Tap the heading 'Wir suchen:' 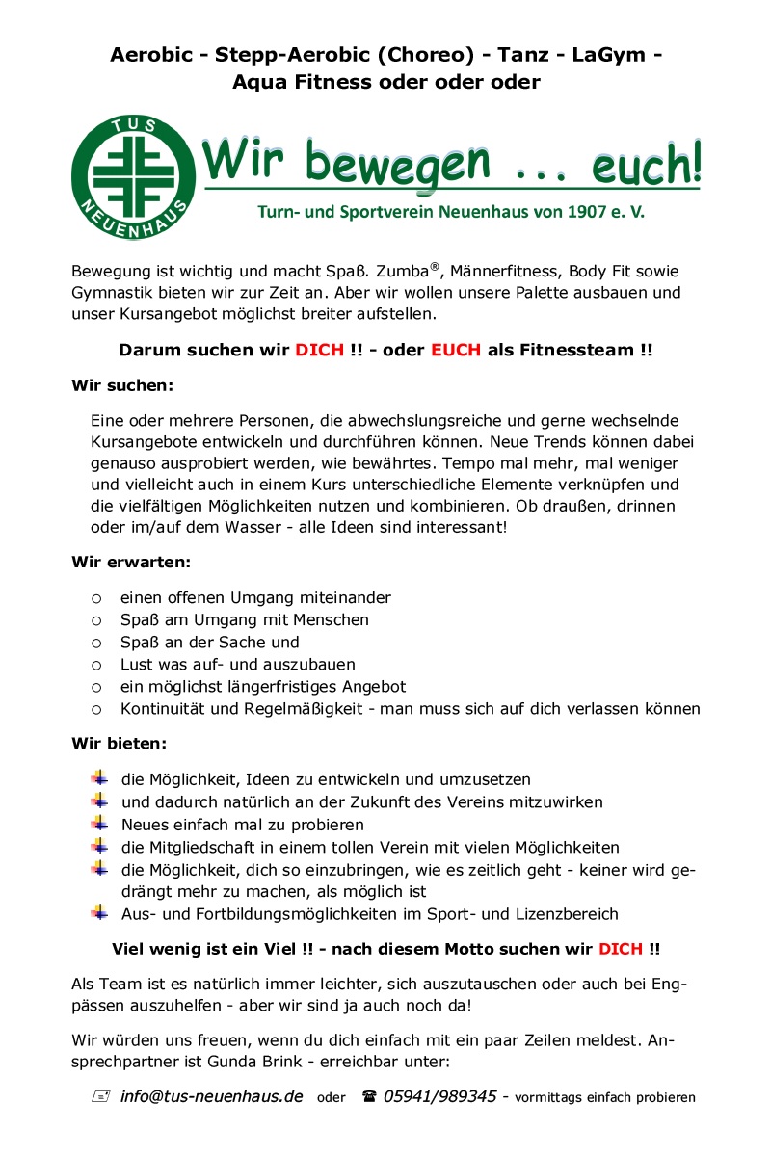click(x=122, y=385)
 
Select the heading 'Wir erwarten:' click(x=131, y=561)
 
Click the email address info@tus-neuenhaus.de click(x=212, y=1096)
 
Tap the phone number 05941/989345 click(x=439, y=1096)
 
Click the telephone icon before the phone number click(x=368, y=1096)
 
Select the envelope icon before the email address click(x=100, y=1096)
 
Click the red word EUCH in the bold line click(x=455, y=351)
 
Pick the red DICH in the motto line click(x=621, y=948)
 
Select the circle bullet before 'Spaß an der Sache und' click(x=96, y=643)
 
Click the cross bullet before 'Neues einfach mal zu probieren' click(x=99, y=824)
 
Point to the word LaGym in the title click(x=607, y=56)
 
